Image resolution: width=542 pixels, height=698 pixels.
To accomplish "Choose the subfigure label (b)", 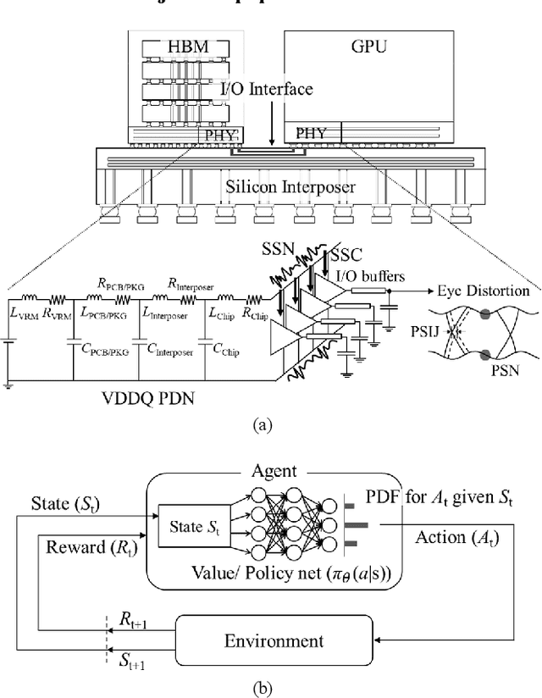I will pyautogui.click(x=270, y=685).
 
